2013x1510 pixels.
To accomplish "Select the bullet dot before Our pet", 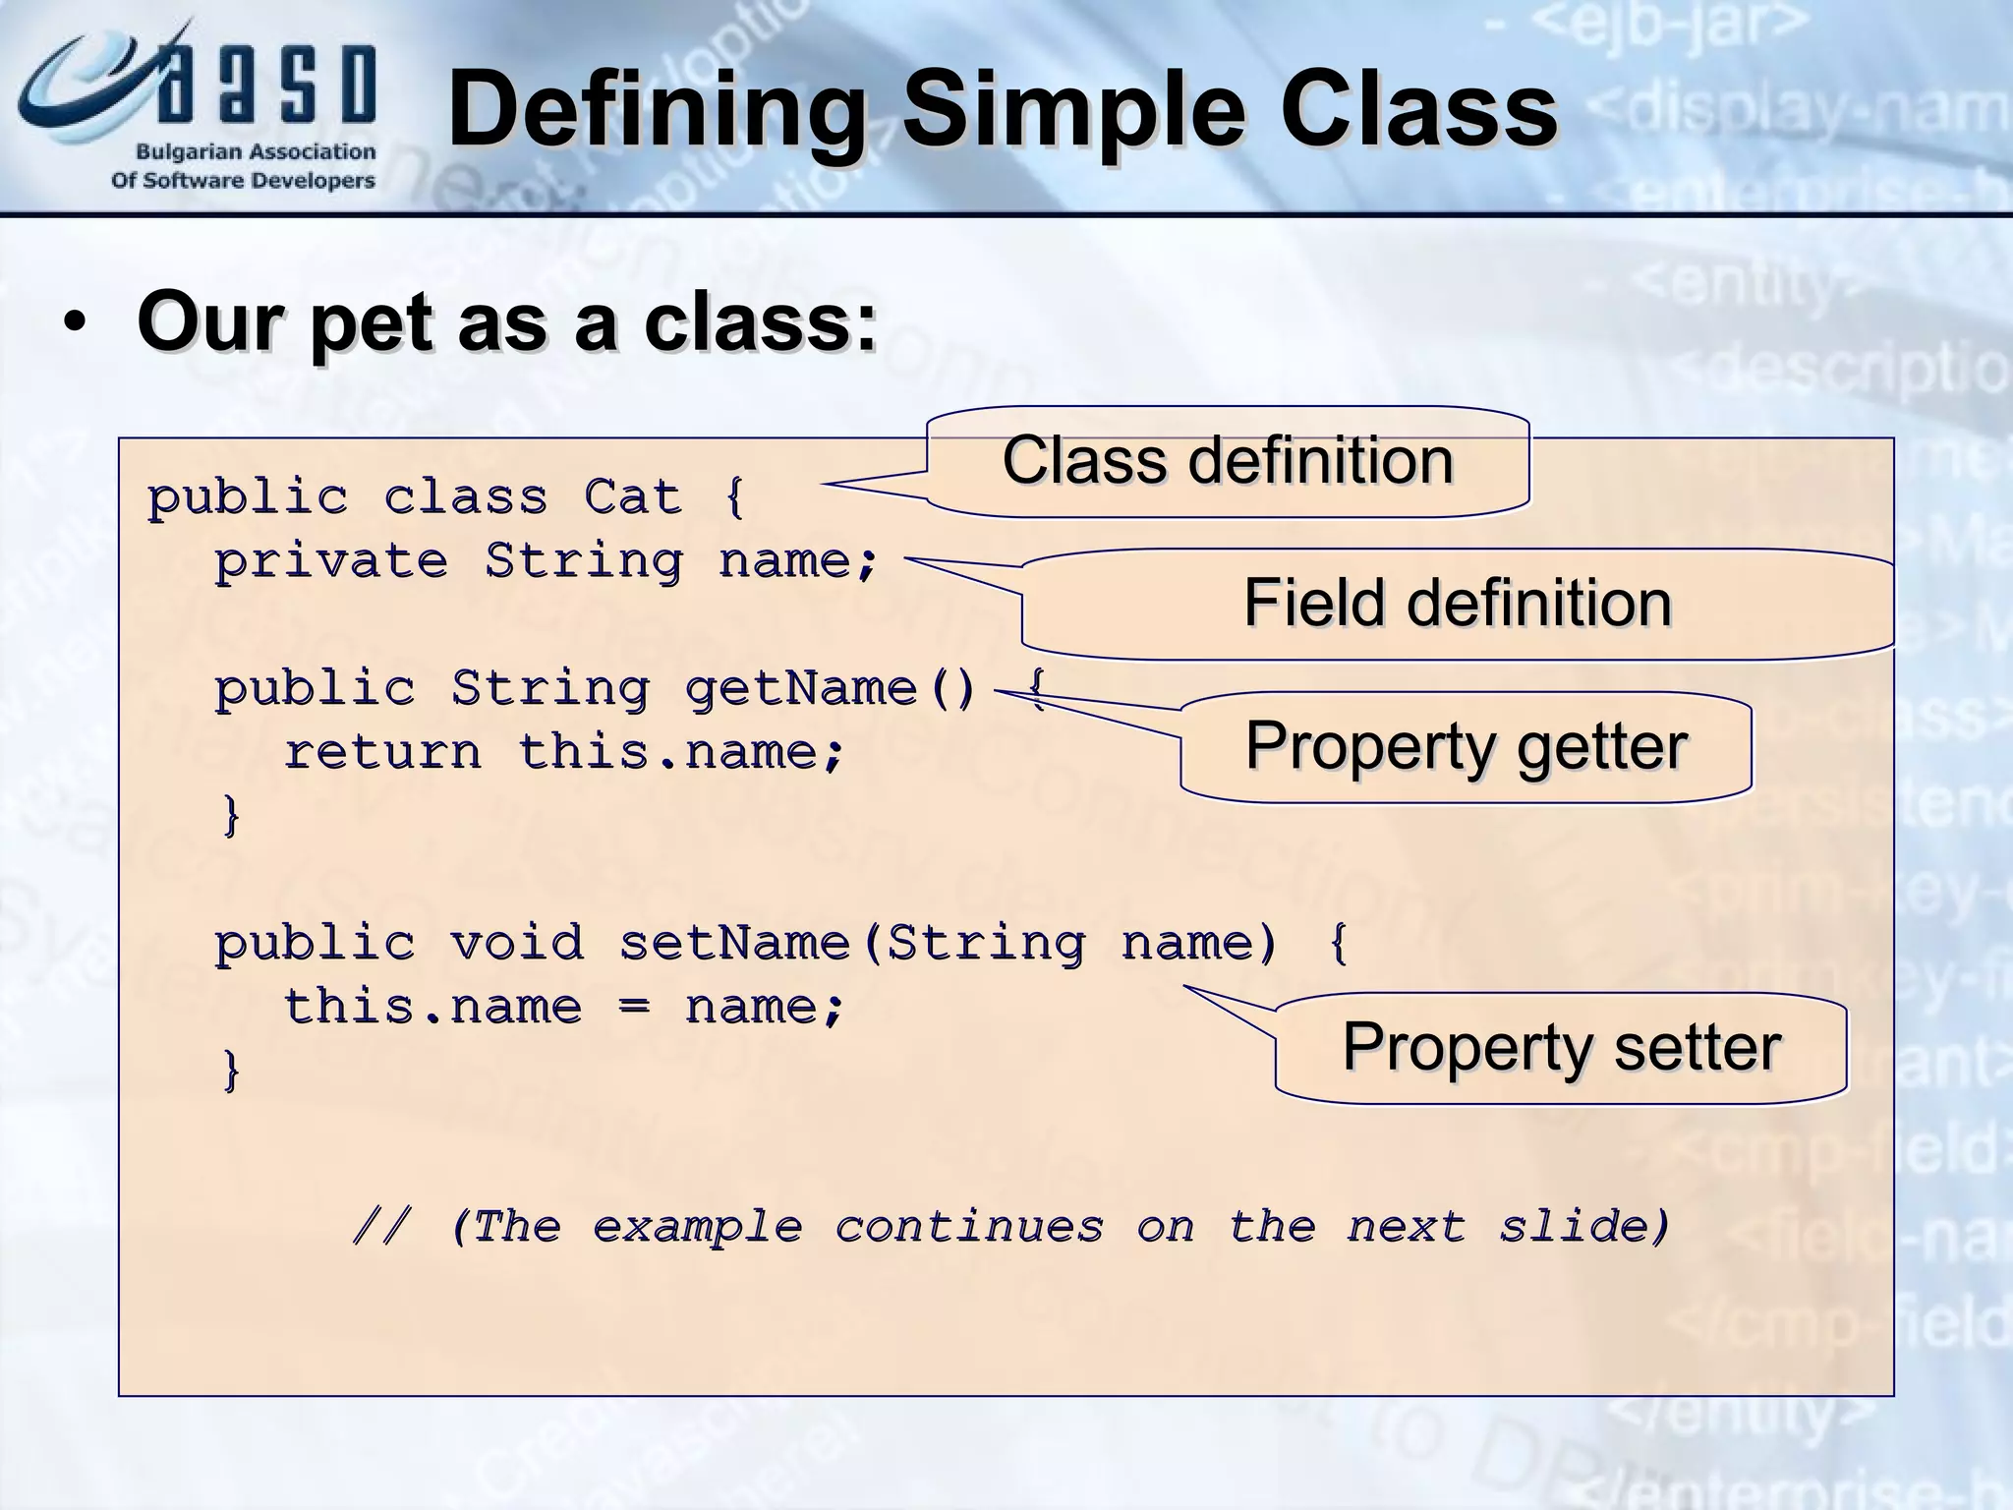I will tap(75, 325).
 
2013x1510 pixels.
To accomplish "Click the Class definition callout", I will tap(1228, 461).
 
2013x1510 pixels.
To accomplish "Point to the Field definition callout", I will tap(1457, 603).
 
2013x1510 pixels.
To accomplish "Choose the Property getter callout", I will tap(1465, 746).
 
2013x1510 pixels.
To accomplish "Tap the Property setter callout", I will tap(1561, 1047).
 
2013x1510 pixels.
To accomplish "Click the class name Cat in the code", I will tap(632, 496).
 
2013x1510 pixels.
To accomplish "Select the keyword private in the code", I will tap(331, 561).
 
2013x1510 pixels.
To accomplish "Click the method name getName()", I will tap(830, 687).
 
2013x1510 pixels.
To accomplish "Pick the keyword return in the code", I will tap(382, 752).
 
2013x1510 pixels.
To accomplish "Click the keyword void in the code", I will tap(517, 943).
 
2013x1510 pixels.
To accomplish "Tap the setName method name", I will tap(734, 943).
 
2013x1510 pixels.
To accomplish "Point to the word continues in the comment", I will tap(969, 1227).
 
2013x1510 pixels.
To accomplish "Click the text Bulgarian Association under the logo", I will tap(255, 152).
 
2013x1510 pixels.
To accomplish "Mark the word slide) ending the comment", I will tap(1583, 1227).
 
